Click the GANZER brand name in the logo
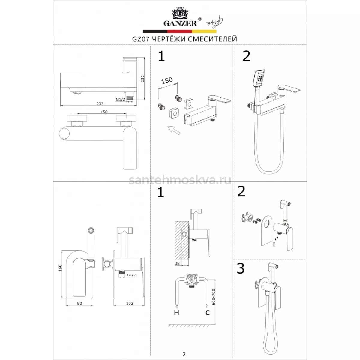180,23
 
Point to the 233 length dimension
100,104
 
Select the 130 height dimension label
142,79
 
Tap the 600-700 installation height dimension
214,297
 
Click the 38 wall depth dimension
177,263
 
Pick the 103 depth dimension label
130,304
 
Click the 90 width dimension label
79,304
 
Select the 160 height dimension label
60,268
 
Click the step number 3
240,268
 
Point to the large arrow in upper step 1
174,130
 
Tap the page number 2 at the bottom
184,349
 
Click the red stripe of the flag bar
179,31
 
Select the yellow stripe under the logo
204,31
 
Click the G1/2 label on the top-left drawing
121,99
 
